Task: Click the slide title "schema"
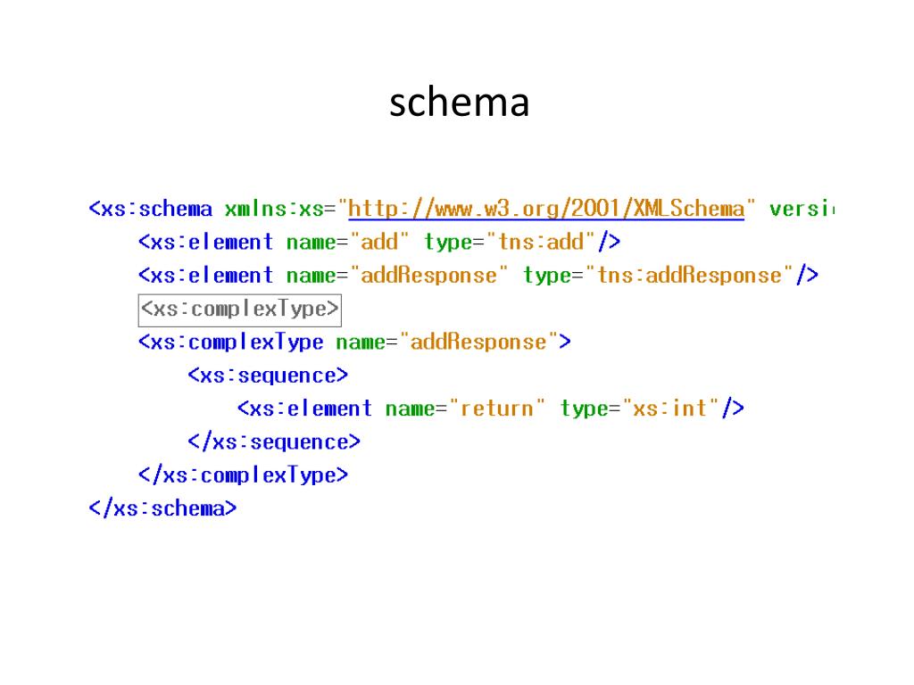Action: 459,103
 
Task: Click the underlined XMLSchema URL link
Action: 546,210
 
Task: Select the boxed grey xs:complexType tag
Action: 240,309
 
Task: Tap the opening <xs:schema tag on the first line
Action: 151,210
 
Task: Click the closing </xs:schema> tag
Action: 163,508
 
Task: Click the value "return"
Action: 496,409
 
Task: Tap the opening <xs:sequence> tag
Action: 268,376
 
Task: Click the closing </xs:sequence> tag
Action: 274,442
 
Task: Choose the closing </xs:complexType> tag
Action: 243,475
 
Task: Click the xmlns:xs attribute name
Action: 273,210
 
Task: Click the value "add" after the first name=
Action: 379,242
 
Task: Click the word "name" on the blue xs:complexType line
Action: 361,342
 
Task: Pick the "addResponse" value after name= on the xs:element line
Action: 428,276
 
